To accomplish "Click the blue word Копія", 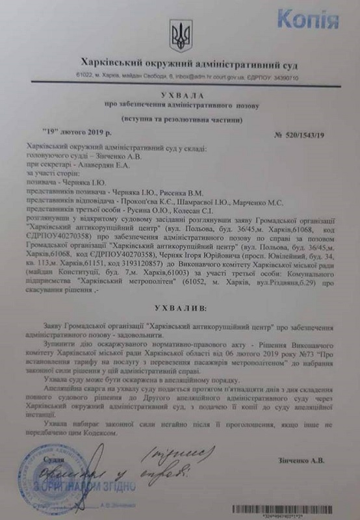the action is click(322, 16).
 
